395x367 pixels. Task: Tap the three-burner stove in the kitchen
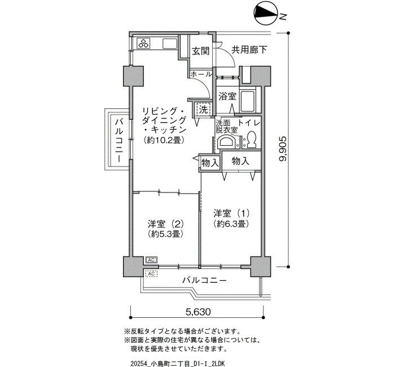pyautogui.click(x=144, y=43)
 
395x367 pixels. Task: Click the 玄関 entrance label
pyautogui.click(x=201, y=51)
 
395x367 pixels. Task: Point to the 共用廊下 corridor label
pyautogui.click(x=249, y=50)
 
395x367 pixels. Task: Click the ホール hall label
pyautogui.click(x=201, y=74)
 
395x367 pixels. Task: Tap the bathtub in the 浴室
pyautogui.click(x=248, y=101)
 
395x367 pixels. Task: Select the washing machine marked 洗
pyautogui.click(x=203, y=110)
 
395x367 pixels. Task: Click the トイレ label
pyautogui.click(x=249, y=123)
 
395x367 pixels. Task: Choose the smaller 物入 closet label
pyautogui.click(x=210, y=163)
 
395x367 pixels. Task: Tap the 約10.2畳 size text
pyautogui.click(x=163, y=140)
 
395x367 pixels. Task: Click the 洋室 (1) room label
pyautogui.click(x=231, y=213)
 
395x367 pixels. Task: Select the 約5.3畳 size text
pyautogui.click(x=165, y=234)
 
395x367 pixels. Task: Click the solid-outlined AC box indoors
pyautogui.click(x=152, y=260)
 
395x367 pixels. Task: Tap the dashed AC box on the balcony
pyautogui.click(x=151, y=273)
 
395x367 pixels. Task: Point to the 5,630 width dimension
pyautogui.click(x=198, y=312)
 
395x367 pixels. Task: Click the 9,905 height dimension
pyautogui.click(x=283, y=149)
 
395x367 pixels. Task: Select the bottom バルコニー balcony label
pyautogui.click(x=204, y=280)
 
